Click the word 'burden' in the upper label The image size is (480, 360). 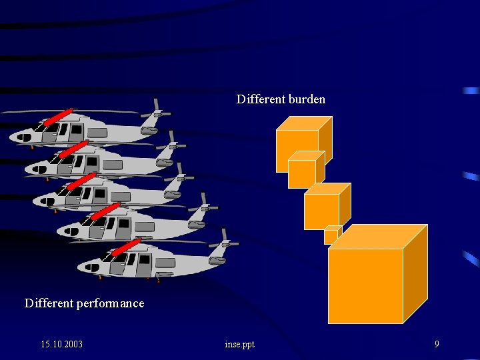307,99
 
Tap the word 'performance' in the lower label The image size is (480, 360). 110,303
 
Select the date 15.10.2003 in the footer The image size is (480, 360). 61,344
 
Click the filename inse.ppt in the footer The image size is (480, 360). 240,344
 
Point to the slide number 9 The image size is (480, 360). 437,344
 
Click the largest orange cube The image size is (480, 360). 365,285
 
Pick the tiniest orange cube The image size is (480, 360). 331,237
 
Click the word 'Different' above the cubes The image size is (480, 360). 260,99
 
